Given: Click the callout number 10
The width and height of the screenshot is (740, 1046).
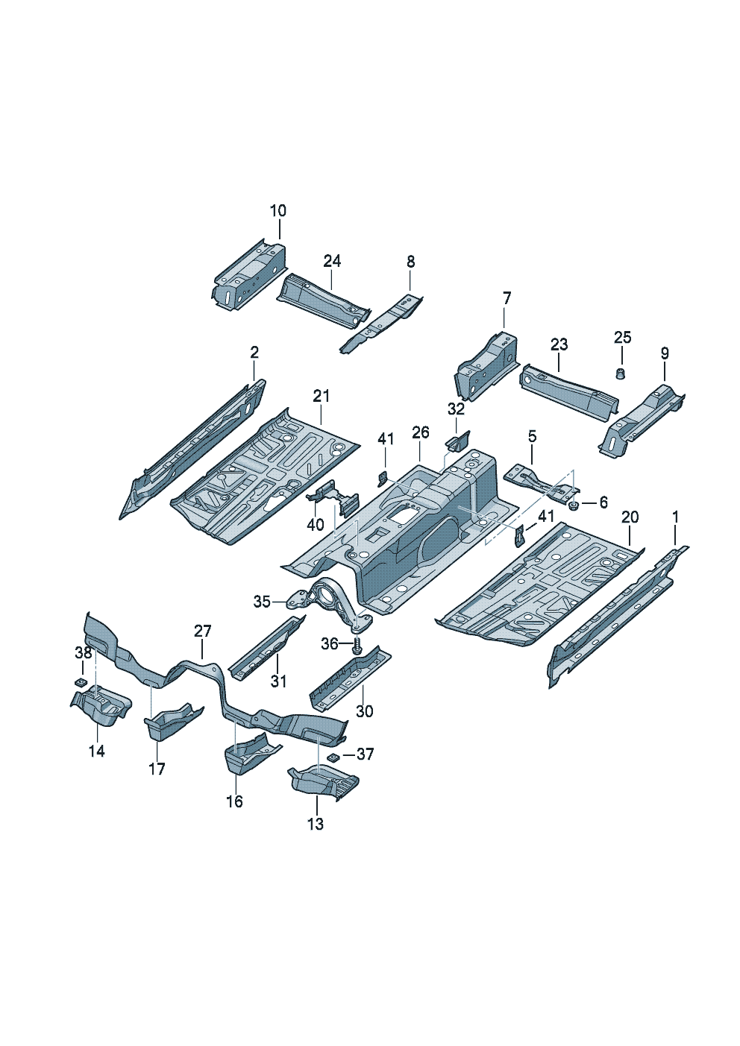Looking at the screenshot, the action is pos(278,210).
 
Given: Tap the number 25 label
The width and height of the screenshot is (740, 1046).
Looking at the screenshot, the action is pos(622,337).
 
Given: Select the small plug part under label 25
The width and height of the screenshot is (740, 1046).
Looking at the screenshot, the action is pos(621,374).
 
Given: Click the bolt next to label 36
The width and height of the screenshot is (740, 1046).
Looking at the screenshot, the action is pos(358,646).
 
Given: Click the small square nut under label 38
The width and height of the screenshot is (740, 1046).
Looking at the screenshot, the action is pos(81,683).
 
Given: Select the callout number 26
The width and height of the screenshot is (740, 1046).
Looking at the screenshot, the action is pos(421,432).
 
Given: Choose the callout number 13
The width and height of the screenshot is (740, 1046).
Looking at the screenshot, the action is pos(316,824).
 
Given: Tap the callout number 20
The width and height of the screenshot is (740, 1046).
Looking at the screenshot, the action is pos(630,517).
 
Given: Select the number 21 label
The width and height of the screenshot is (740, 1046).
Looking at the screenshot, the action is pos(322,397).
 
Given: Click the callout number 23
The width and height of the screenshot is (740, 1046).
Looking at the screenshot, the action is pos(559,344).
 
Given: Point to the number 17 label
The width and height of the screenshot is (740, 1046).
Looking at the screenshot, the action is pos(157,769).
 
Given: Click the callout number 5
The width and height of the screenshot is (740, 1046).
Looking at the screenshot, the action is pos(532,437).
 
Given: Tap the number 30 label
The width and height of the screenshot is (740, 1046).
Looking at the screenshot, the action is pos(364,711).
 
